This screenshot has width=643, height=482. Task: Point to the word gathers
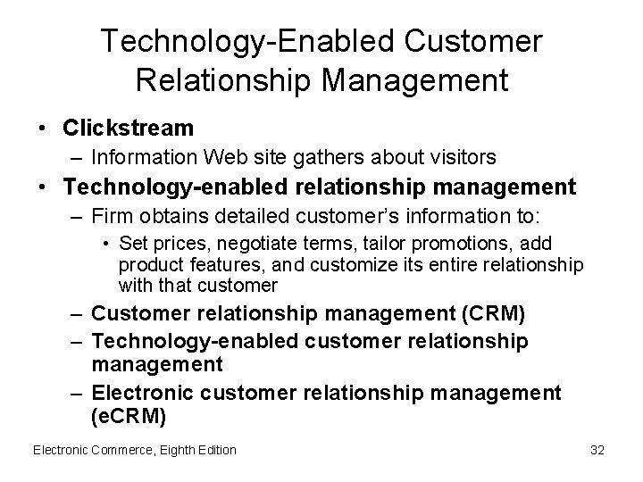click(324, 157)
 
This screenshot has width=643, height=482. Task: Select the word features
click(205, 265)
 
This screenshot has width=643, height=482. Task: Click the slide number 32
click(597, 450)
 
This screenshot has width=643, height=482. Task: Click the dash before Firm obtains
click(76, 217)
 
